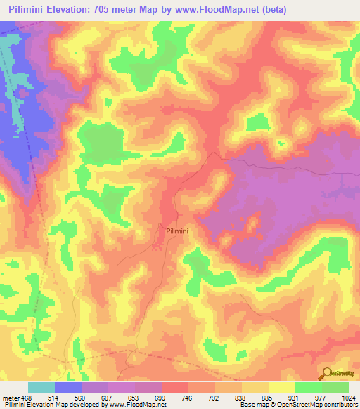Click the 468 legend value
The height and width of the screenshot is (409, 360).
tap(27, 398)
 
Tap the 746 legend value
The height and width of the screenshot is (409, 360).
tap(188, 398)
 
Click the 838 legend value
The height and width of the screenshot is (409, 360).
tap(242, 398)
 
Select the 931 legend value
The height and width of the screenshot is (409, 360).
tap(295, 398)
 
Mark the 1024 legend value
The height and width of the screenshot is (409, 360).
tap(349, 398)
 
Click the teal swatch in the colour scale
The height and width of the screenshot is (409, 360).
tap(41, 387)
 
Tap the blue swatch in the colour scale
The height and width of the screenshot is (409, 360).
tap(68, 387)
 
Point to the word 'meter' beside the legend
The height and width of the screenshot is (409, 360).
tap(11, 398)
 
